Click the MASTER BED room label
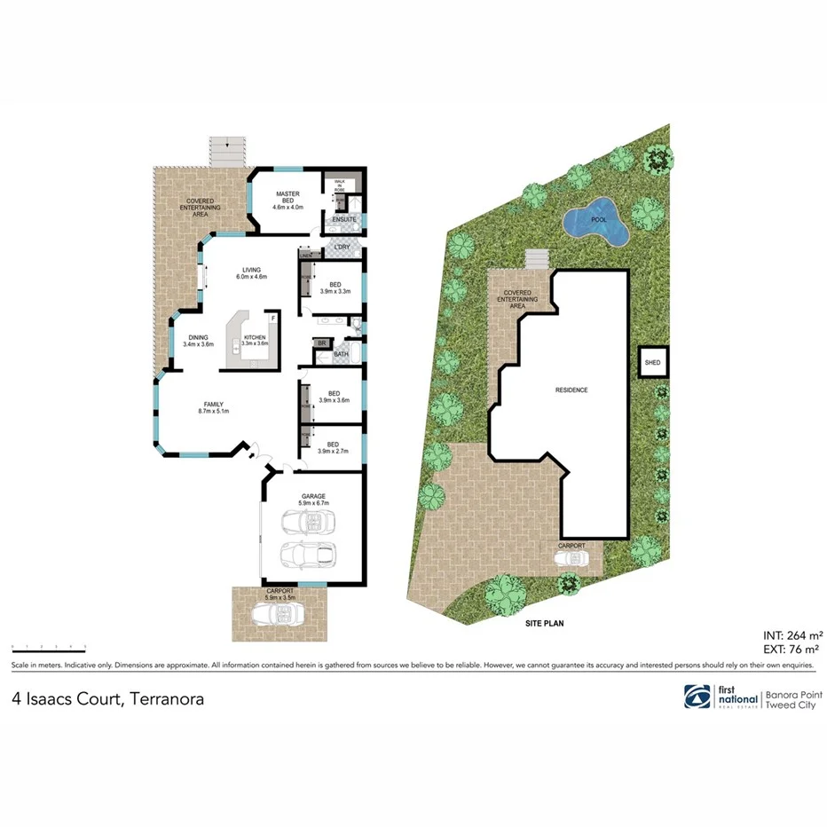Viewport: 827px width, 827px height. (288, 200)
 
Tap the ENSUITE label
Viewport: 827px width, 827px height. (343, 219)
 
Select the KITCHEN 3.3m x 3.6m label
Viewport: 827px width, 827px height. (255, 340)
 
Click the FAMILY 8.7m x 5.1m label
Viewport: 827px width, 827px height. (213, 407)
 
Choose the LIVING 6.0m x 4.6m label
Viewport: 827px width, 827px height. (251, 273)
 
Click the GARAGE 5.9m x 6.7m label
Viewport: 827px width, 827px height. (314, 500)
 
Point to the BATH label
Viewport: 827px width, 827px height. (341, 355)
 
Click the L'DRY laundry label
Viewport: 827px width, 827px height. (341, 246)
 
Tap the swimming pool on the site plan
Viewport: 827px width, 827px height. (595, 222)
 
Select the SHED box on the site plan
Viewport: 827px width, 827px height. (652, 362)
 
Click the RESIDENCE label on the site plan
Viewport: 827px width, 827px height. (571, 390)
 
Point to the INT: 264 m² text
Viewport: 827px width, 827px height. (792, 635)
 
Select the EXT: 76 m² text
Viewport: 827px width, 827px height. (792, 650)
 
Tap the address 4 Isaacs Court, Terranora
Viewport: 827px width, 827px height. (107, 699)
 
